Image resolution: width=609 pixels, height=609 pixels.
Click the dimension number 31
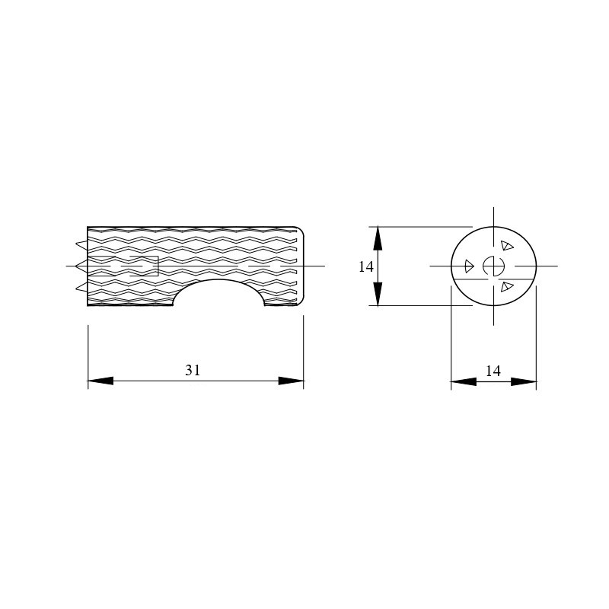coord(193,370)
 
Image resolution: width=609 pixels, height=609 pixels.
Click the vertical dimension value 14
coord(366,267)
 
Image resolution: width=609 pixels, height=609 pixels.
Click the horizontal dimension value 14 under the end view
coord(493,371)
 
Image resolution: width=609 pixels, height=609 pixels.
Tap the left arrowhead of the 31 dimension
coord(100,381)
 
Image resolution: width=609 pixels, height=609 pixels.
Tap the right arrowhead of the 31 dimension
coord(291,381)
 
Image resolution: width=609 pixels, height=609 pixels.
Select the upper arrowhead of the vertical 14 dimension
coord(378,238)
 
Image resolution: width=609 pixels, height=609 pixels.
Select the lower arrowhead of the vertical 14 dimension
coord(378,294)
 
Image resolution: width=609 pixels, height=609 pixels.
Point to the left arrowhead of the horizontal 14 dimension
coord(464,381)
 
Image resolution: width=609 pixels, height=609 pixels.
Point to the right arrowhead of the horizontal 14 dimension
coord(524,381)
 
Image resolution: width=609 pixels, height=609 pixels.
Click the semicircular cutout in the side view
coord(218,281)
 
